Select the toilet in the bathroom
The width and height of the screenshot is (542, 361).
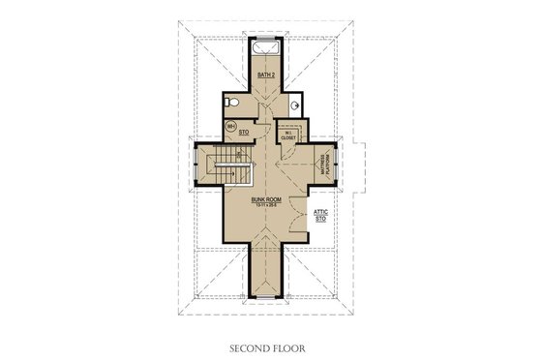[228, 101]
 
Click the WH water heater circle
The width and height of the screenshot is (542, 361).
[230, 127]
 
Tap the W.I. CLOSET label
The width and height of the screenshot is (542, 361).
[288, 135]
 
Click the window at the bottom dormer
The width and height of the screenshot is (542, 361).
[268, 295]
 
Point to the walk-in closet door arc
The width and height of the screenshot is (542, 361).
[286, 155]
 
